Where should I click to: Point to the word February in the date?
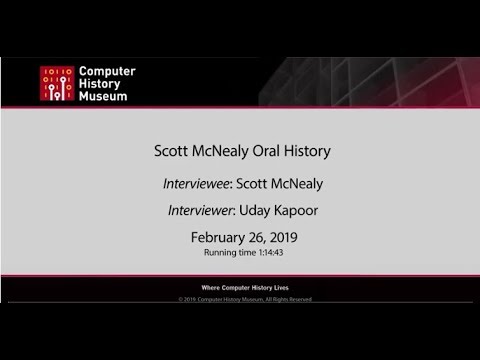pos(216,239)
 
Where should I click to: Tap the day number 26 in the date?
pos(255,239)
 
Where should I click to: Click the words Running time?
pos(228,254)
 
